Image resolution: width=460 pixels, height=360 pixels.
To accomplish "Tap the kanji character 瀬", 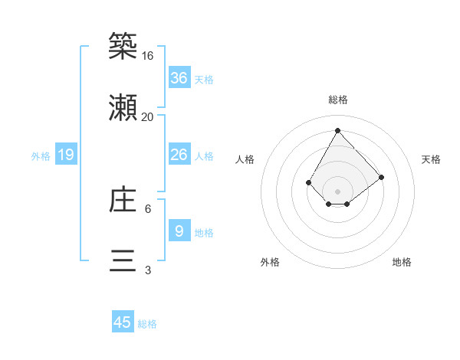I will click(x=123, y=110).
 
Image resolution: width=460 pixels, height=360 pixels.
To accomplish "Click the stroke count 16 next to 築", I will click(x=148, y=56).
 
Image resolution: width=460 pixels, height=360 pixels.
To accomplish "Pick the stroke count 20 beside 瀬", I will click(x=148, y=116).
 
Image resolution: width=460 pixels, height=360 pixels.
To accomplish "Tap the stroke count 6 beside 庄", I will click(x=148, y=208).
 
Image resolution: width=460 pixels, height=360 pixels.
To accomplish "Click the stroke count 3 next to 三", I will click(x=148, y=270).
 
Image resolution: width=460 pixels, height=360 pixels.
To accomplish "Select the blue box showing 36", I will click(x=179, y=77).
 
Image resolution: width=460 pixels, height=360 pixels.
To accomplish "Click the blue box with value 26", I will click(x=179, y=155).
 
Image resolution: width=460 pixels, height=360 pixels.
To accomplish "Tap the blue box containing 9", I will click(x=179, y=231).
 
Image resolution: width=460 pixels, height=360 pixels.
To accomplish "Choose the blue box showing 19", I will click(x=66, y=155).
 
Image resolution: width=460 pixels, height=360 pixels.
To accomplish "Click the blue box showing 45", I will click(x=123, y=322).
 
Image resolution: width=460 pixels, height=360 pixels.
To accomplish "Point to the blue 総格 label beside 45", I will click(x=147, y=324).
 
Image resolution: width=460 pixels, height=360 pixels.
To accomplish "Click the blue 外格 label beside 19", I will click(x=41, y=155).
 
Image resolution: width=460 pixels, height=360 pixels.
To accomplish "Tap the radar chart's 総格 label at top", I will click(x=337, y=100).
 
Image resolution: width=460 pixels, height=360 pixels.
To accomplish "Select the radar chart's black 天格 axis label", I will click(x=431, y=159).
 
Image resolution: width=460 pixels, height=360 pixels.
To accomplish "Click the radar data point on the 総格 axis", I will click(x=337, y=130).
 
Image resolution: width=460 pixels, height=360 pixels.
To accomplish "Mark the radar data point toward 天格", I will click(x=381, y=178).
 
